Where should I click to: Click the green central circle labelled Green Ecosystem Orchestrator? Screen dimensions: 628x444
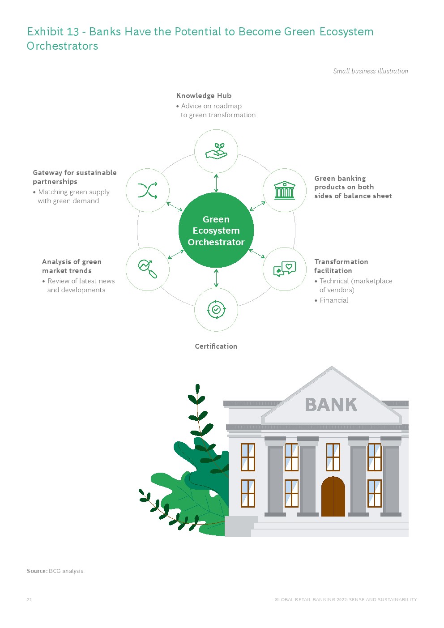pos(216,231)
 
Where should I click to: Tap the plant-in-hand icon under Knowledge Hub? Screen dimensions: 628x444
pos(216,151)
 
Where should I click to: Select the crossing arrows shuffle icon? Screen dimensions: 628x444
pos(148,190)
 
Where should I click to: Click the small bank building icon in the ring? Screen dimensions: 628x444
pos(285,190)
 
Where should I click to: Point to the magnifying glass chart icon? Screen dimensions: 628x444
pos(148,269)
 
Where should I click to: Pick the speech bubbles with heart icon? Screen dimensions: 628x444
pos(285,269)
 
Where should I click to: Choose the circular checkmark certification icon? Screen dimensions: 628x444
pos(216,309)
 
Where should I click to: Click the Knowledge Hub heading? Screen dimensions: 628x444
pos(204,95)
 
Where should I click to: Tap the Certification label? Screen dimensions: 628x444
pos(216,346)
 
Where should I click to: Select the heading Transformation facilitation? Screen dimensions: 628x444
pos(341,266)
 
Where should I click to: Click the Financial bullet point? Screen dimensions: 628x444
pos(334,300)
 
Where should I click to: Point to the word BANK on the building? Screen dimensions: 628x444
pos(331,405)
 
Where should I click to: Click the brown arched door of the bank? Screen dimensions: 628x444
pos(333,497)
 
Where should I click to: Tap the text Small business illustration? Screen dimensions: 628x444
pos(370,71)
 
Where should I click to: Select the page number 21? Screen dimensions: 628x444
pos(30,599)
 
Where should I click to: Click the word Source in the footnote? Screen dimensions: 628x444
pos(37,571)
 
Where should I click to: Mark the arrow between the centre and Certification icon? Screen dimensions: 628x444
pos(216,278)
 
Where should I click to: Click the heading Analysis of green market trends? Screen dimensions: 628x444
pos(71,266)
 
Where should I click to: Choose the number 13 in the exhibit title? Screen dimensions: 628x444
pos(73,32)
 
